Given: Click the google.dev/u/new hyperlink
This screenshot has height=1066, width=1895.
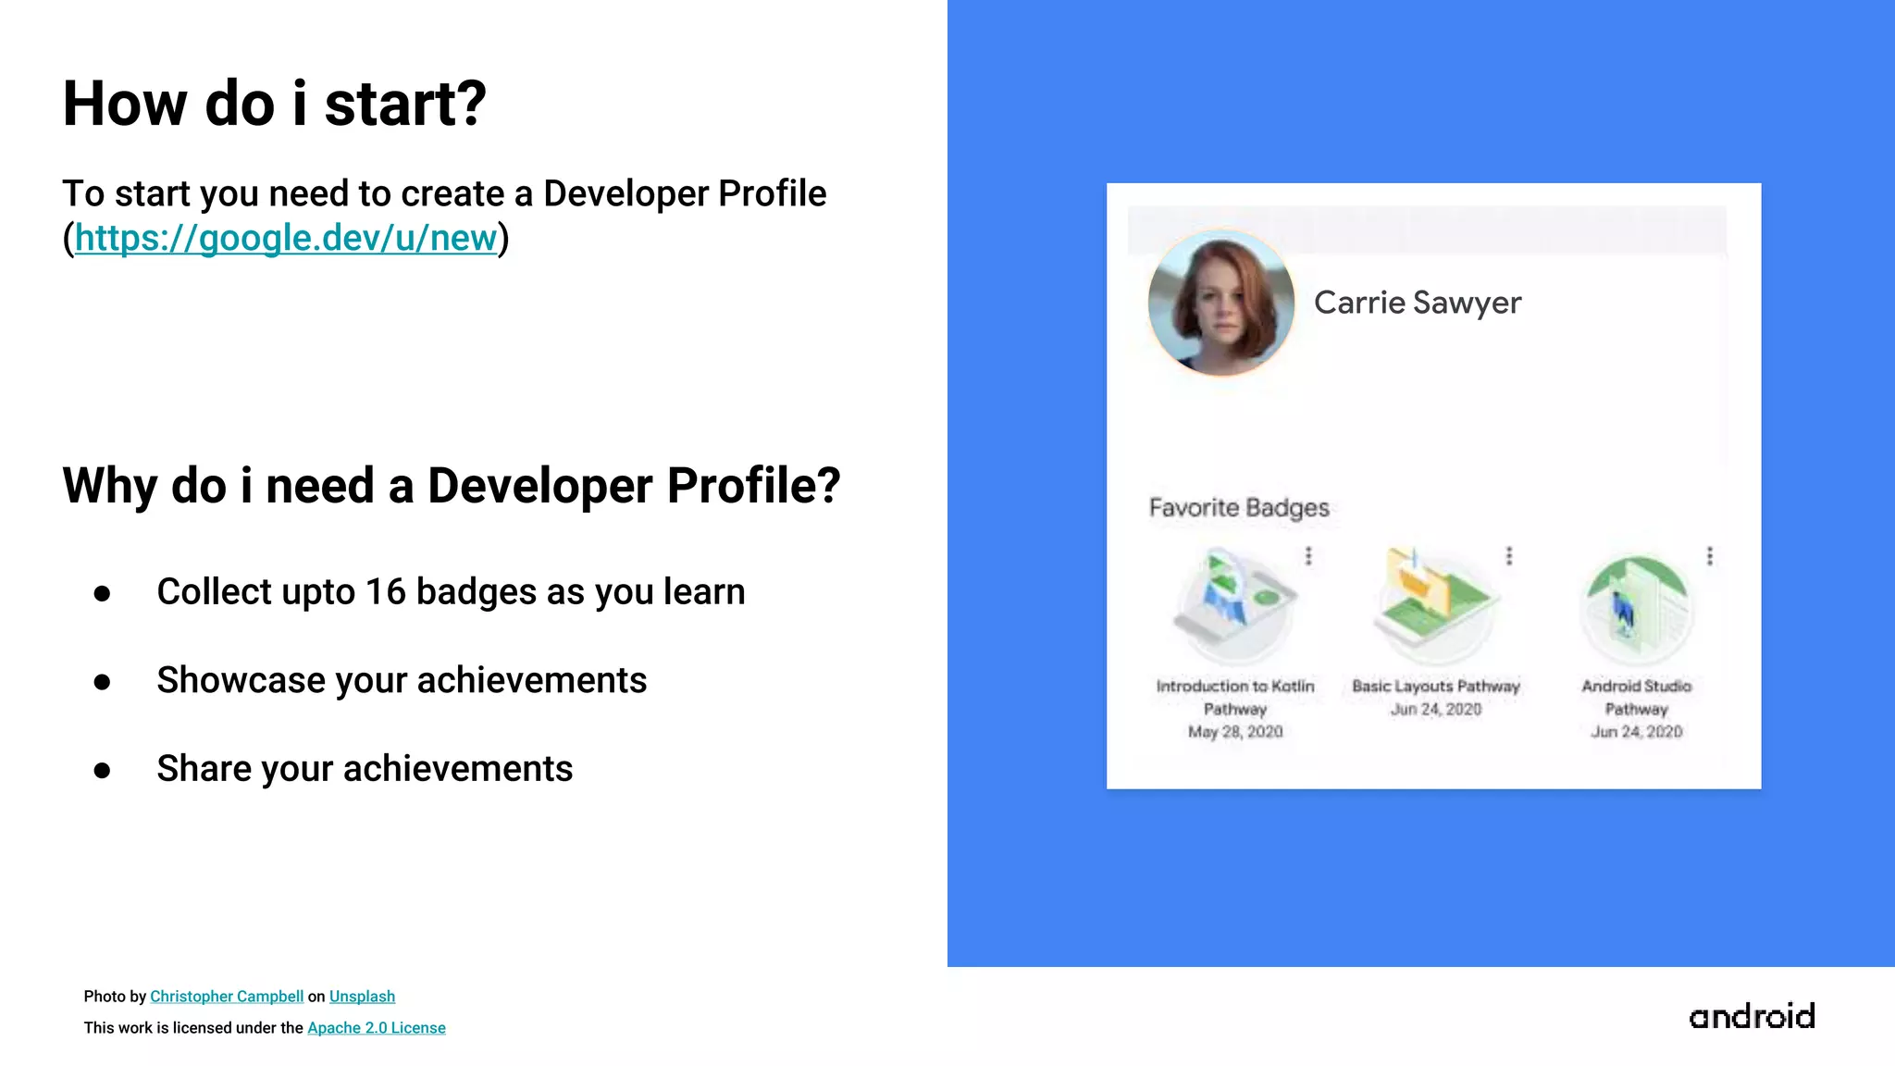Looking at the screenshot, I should click(286, 238).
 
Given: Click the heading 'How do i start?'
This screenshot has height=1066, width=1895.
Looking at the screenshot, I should click(274, 104).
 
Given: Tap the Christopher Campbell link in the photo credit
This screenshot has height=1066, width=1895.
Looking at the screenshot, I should click(227, 997).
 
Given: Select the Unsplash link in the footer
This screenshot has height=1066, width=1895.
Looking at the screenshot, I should click(362, 997).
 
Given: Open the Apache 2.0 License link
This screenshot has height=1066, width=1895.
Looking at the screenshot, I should click(376, 1028).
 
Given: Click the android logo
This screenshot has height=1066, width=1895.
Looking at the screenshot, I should click(1752, 1016).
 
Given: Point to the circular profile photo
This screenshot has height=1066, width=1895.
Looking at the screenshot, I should click(1220, 303).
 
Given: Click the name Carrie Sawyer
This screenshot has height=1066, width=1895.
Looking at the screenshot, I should click(1417, 303).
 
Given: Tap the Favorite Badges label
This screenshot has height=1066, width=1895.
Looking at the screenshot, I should click(1238, 508).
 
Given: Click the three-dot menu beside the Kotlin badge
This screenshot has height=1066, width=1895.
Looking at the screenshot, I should click(1308, 555).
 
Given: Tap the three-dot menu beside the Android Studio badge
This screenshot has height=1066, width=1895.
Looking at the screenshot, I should click(1710, 555).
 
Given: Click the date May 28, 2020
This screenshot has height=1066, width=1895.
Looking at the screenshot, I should click(1235, 732).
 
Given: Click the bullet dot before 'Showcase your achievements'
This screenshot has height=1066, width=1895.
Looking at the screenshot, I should click(102, 682).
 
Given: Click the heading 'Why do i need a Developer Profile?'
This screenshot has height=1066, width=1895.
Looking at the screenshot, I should click(451, 486).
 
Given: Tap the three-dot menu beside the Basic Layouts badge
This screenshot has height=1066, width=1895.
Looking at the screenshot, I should click(1509, 555).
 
